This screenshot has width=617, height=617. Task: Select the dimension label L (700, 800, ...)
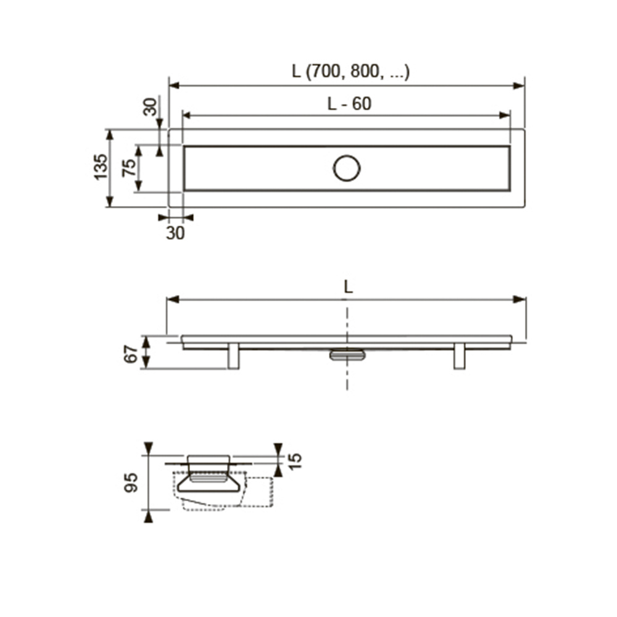coord(350,71)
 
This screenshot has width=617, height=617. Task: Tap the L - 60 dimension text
coord(349,104)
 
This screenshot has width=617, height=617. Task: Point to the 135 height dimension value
coord(101,167)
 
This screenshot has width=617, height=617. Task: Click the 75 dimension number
coord(129,168)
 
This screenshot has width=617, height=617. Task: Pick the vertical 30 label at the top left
coord(150,107)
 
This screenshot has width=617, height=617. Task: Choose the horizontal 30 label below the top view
coord(175,233)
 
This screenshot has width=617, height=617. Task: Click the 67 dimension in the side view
coord(131,354)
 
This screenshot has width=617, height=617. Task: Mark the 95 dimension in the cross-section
coord(131,482)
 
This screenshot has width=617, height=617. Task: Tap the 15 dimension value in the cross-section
coord(294,461)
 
